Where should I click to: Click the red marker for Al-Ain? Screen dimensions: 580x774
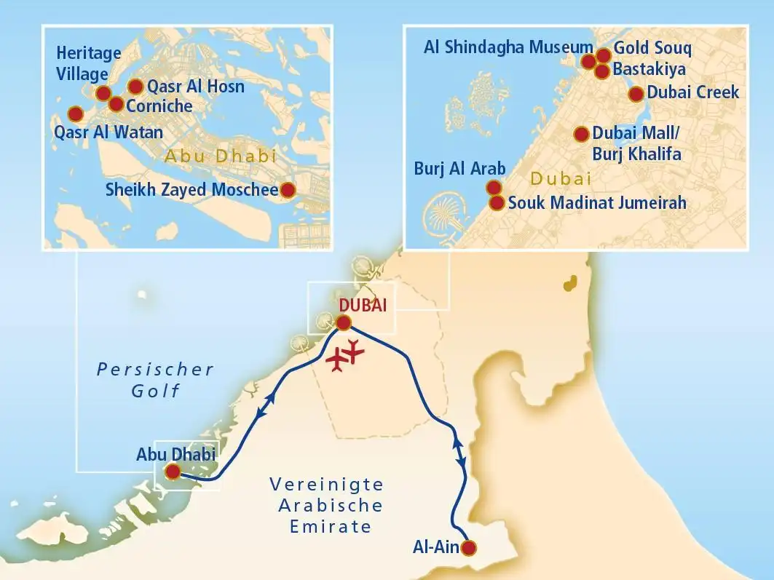(x=470, y=548)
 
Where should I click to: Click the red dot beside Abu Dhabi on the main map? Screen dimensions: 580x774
(x=173, y=472)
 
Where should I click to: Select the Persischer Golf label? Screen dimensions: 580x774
(x=155, y=380)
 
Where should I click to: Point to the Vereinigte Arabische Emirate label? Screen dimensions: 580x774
(x=326, y=505)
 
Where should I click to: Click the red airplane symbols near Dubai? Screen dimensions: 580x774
(x=344, y=355)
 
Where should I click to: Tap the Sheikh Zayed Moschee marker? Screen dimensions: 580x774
(x=288, y=191)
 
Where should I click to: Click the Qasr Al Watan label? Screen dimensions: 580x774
(x=108, y=132)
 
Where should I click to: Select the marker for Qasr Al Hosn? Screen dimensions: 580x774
(x=135, y=87)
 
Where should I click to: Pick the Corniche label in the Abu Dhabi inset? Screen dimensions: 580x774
(x=159, y=106)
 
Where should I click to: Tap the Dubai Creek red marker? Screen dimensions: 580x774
(x=636, y=93)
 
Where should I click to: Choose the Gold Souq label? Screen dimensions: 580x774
(x=652, y=49)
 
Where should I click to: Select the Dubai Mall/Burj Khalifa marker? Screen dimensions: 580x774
(x=581, y=134)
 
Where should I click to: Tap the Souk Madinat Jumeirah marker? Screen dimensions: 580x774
(x=497, y=203)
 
